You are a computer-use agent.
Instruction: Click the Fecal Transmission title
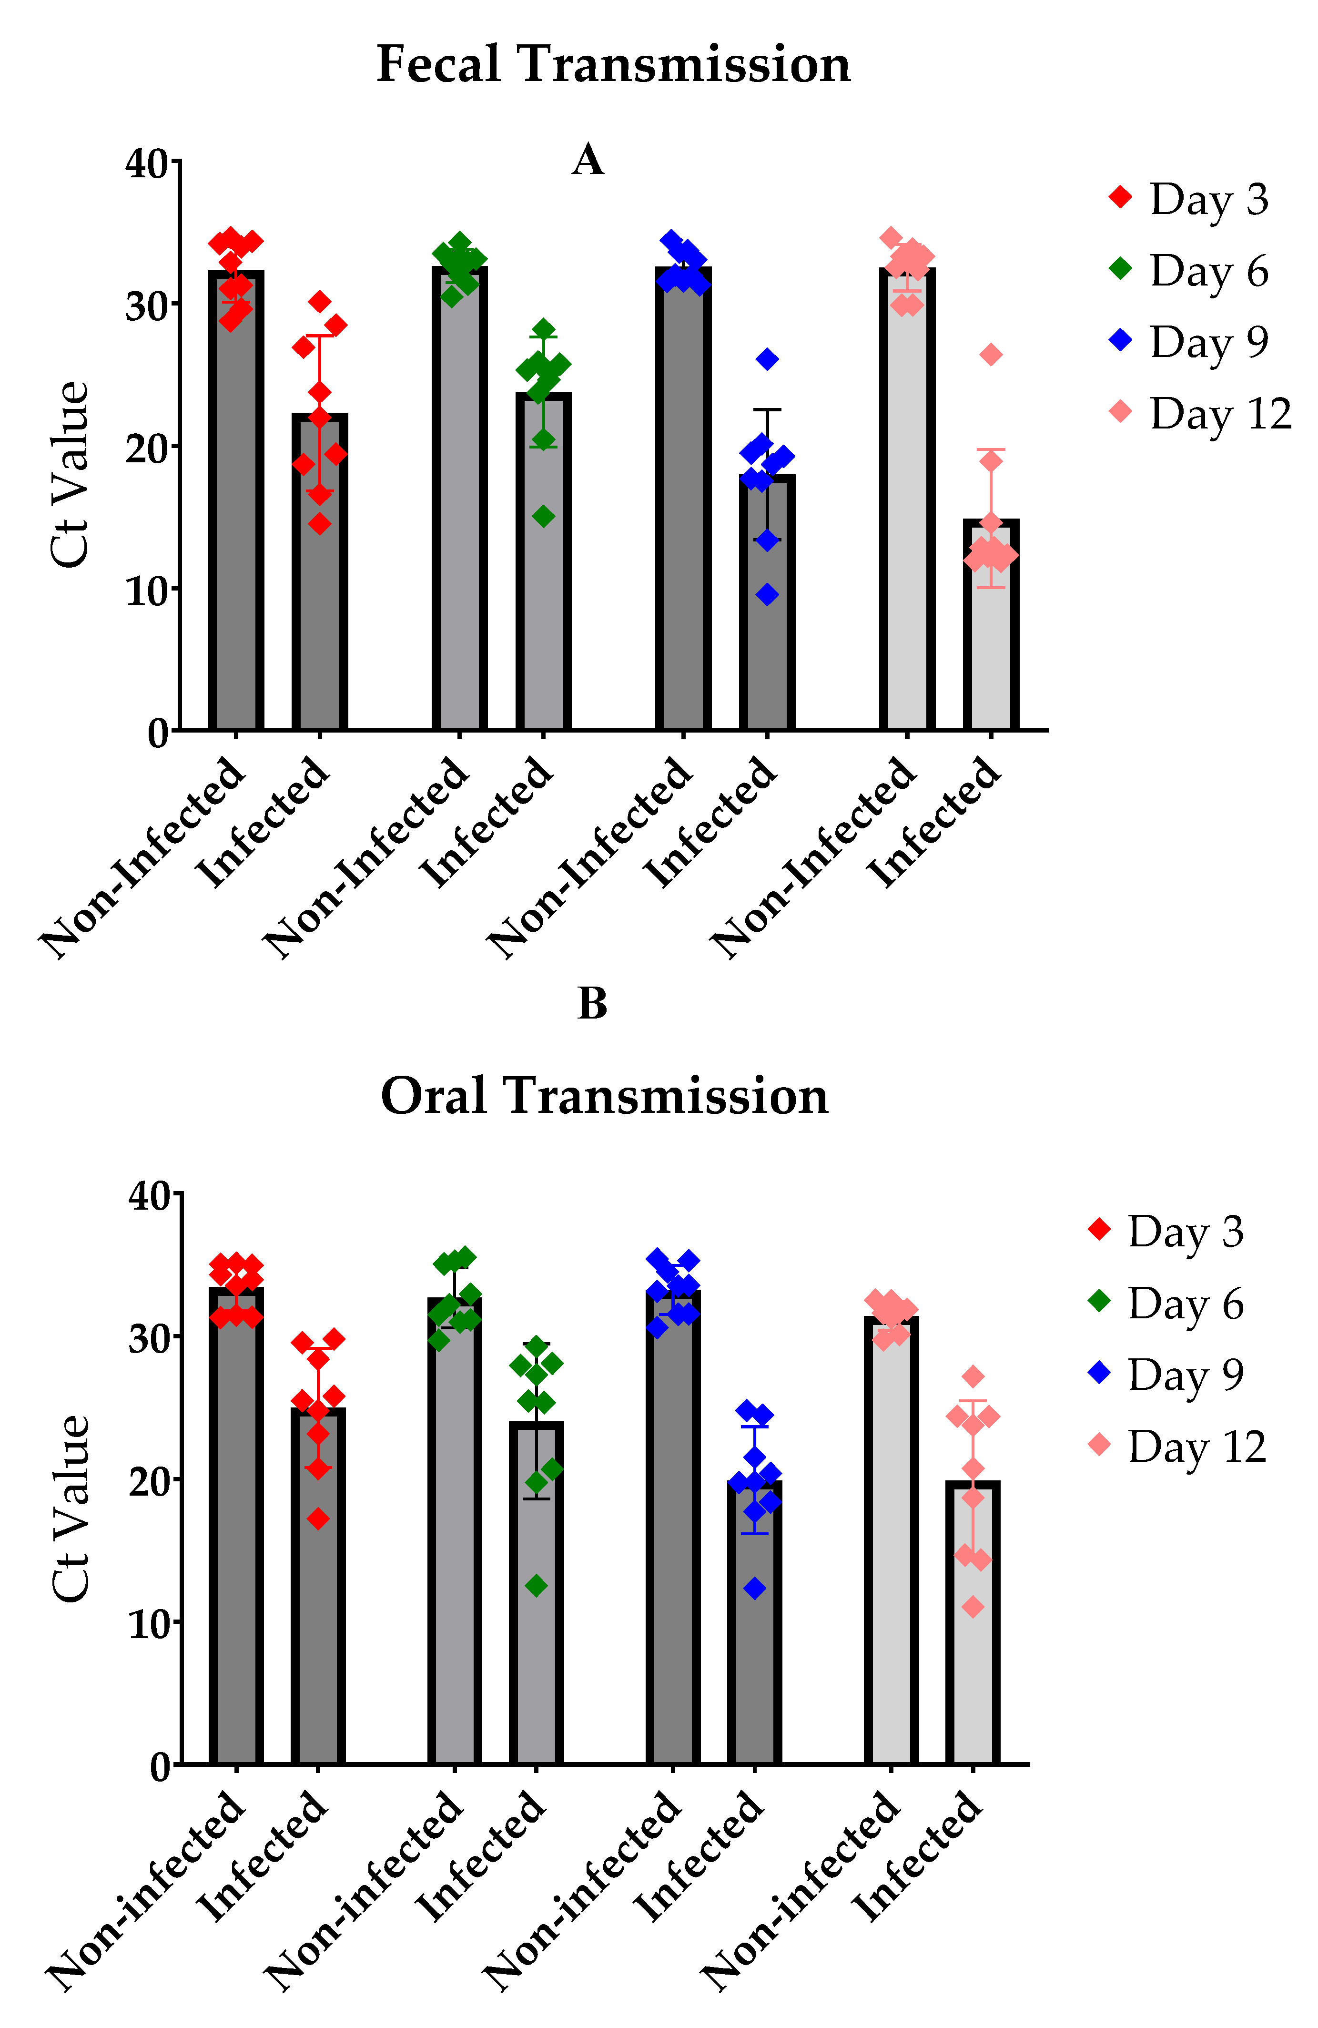point(613,65)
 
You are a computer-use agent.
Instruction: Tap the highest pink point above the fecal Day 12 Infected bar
point(991,355)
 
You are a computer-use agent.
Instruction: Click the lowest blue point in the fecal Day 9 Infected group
point(767,595)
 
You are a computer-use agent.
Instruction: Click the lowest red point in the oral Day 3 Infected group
point(318,1518)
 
